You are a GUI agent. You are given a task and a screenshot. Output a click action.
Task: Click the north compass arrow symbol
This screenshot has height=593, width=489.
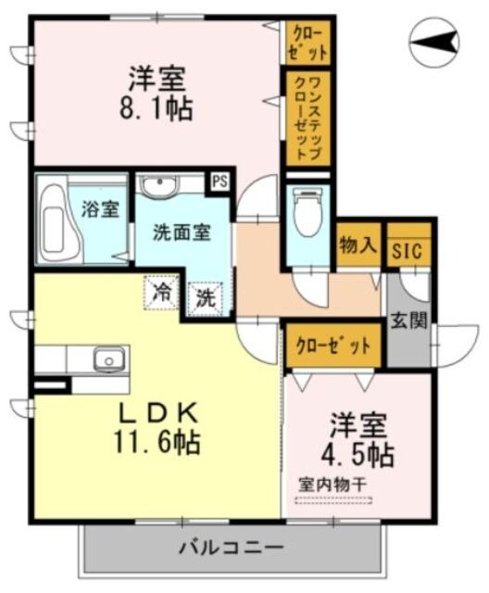pyautogui.click(x=434, y=41)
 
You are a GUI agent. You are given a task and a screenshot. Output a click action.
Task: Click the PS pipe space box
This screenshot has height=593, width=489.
pyautogui.click(x=220, y=182)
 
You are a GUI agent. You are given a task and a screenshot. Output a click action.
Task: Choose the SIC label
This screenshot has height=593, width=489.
pyautogui.click(x=407, y=249)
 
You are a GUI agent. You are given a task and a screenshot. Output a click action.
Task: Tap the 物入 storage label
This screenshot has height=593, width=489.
pyautogui.click(x=357, y=246)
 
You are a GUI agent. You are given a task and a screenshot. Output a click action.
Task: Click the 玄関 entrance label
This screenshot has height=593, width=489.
pyautogui.click(x=408, y=322)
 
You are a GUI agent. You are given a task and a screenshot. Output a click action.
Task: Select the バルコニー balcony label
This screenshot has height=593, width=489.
pyautogui.click(x=231, y=545)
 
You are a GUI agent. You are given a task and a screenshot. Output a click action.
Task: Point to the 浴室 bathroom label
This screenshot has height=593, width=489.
pyautogui.click(x=100, y=208)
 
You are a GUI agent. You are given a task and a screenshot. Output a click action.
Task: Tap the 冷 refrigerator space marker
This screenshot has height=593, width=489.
pyautogui.click(x=161, y=294)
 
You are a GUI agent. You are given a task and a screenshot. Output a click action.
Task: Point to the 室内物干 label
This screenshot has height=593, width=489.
pyautogui.click(x=332, y=485)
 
